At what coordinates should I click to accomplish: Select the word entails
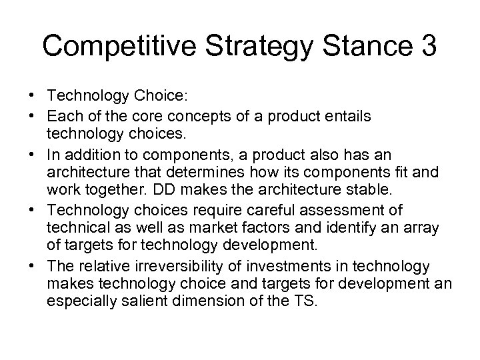(349, 116)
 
